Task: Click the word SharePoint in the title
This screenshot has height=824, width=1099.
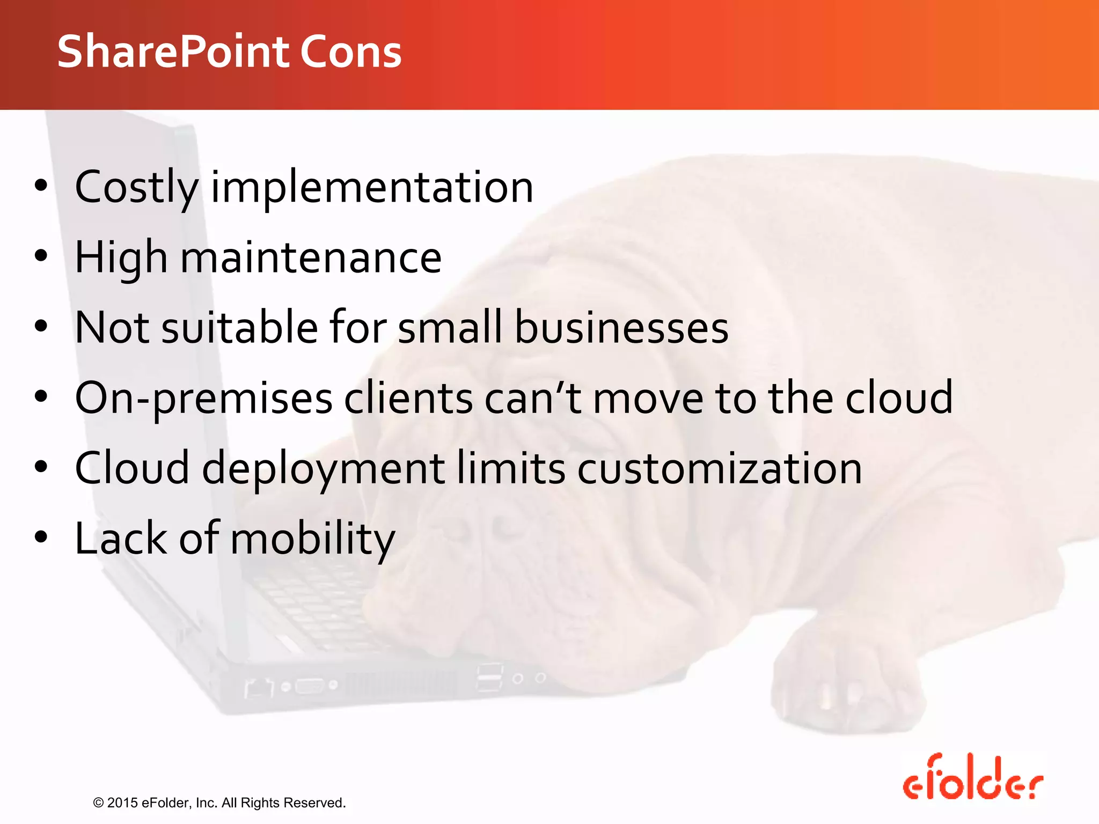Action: pos(174,51)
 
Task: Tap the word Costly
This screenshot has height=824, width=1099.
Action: pos(136,188)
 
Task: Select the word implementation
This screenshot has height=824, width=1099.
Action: pos(372,188)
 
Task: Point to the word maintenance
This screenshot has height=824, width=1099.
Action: pos(311,258)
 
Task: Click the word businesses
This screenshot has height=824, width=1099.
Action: pos(621,328)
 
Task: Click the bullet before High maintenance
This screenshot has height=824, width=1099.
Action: pos(41,256)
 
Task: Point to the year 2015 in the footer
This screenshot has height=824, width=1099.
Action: pos(122,803)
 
